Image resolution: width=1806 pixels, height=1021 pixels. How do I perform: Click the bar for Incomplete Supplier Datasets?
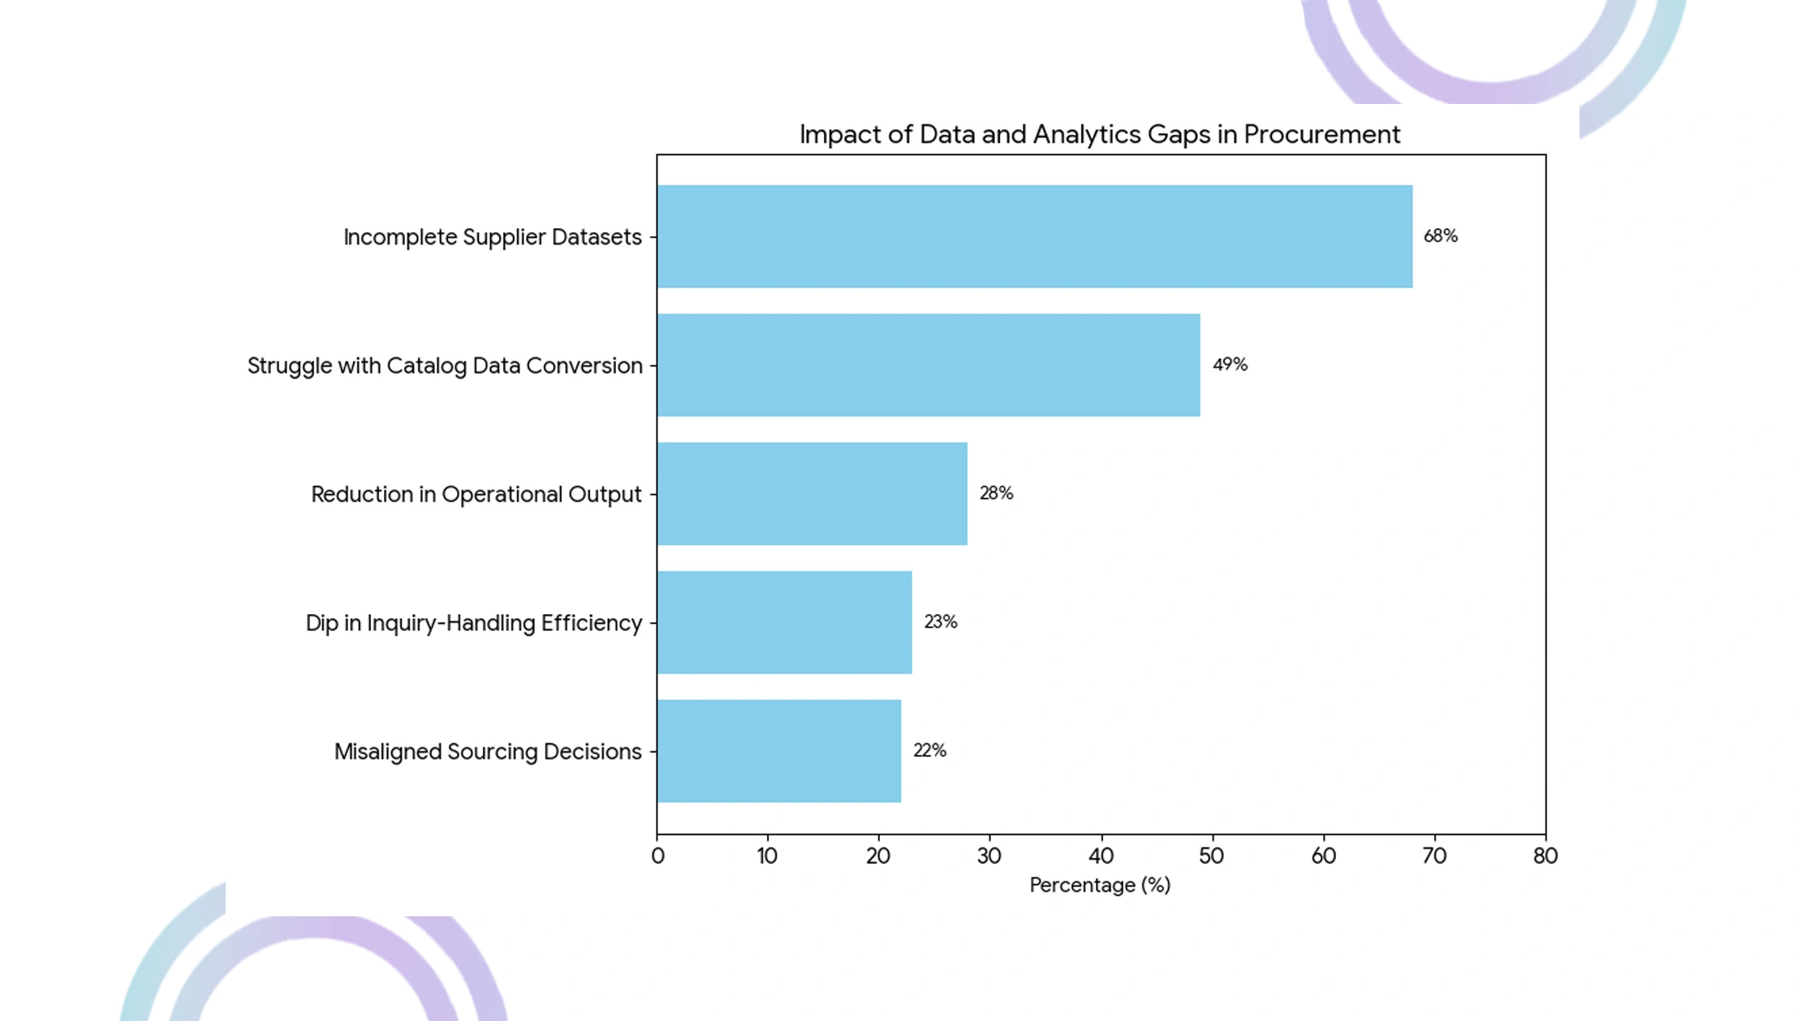click(x=1035, y=236)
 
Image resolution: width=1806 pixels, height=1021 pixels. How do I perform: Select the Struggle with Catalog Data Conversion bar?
click(x=929, y=366)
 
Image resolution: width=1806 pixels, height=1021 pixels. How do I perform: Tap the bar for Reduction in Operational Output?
click(x=812, y=494)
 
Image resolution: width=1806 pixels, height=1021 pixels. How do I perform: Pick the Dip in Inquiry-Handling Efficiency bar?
click(x=785, y=622)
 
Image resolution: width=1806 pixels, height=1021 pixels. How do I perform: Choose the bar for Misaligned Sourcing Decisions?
click(x=779, y=751)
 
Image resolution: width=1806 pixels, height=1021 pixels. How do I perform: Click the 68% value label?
click(x=1441, y=236)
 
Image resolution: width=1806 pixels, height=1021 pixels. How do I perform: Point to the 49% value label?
click(x=1230, y=365)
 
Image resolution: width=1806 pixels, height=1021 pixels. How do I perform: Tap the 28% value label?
click(x=996, y=493)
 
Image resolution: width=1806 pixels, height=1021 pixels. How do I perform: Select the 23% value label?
click(x=941, y=621)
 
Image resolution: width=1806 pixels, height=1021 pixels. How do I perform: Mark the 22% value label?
click(x=929, y=751)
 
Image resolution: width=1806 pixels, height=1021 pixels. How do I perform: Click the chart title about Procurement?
click(x=1100, y=134)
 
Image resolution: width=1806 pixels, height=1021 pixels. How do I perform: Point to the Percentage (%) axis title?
click(x=1100, y=885)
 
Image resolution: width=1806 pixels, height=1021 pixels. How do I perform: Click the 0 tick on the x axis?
click(x=657, y=856)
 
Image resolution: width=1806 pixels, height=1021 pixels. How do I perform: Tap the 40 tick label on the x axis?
click(x=1101, y=856)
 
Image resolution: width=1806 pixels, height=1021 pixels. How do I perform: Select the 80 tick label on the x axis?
click(x=1545, y=856)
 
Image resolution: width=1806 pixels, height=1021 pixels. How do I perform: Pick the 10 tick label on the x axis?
click(x=767, y=856)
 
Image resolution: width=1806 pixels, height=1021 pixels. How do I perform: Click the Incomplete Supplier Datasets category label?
click(x=493, y=237)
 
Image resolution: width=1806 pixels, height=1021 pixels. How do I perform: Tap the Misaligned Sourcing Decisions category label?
click(x=488, y=752)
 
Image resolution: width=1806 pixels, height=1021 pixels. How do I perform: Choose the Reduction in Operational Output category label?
click(x=476, y=495)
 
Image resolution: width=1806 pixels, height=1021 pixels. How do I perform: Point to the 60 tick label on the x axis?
click(x=1323, y=856)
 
